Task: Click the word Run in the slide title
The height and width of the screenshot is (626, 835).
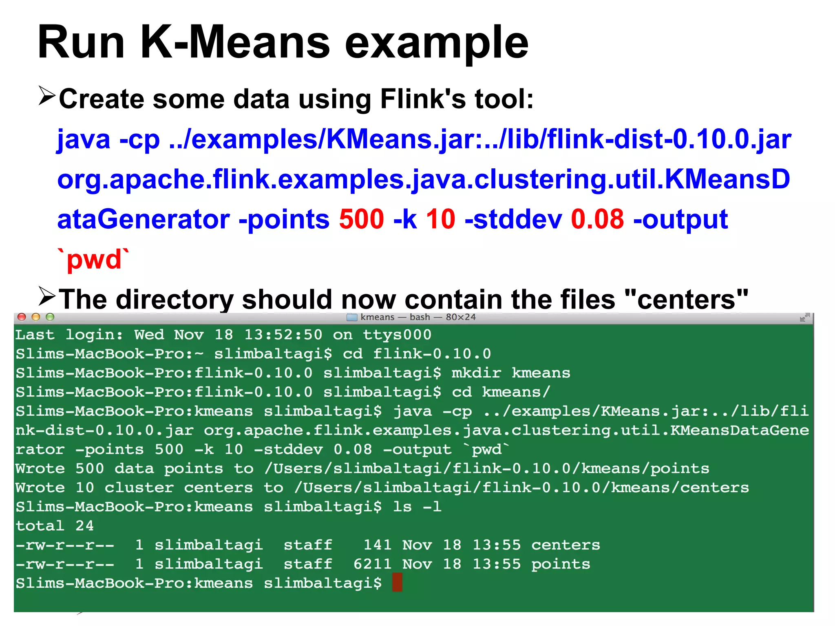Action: [81, 43]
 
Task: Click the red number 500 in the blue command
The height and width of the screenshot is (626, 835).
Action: [361, 219]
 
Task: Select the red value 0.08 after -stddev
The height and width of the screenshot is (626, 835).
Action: [597, 219]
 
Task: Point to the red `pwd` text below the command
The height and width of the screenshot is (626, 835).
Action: [94, 259]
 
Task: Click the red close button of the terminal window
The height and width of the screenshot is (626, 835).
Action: [22, 317]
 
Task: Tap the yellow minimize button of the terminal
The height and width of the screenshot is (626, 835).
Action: [36, 317]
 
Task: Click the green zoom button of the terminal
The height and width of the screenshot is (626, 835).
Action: [50, 317]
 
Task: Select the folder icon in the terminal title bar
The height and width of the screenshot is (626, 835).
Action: [351, 317]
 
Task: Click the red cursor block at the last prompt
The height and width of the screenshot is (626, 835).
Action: [397, 582]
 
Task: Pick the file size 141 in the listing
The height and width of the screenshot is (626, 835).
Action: [377, 545]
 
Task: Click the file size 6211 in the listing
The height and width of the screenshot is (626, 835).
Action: [372, 564]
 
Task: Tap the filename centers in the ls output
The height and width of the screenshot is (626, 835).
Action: [566, 545]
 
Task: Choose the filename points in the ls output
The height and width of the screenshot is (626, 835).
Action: [561, 564]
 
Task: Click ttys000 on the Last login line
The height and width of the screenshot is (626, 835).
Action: [397, 335]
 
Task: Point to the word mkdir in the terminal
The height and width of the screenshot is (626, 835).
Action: [476, 373]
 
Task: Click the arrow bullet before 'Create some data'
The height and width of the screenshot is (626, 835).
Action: [47, 96]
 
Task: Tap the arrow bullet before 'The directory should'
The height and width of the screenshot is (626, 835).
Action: [47, 296]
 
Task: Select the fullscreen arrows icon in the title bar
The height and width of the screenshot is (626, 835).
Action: [804, 317]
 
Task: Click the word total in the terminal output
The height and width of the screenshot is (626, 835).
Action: [40, 526]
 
